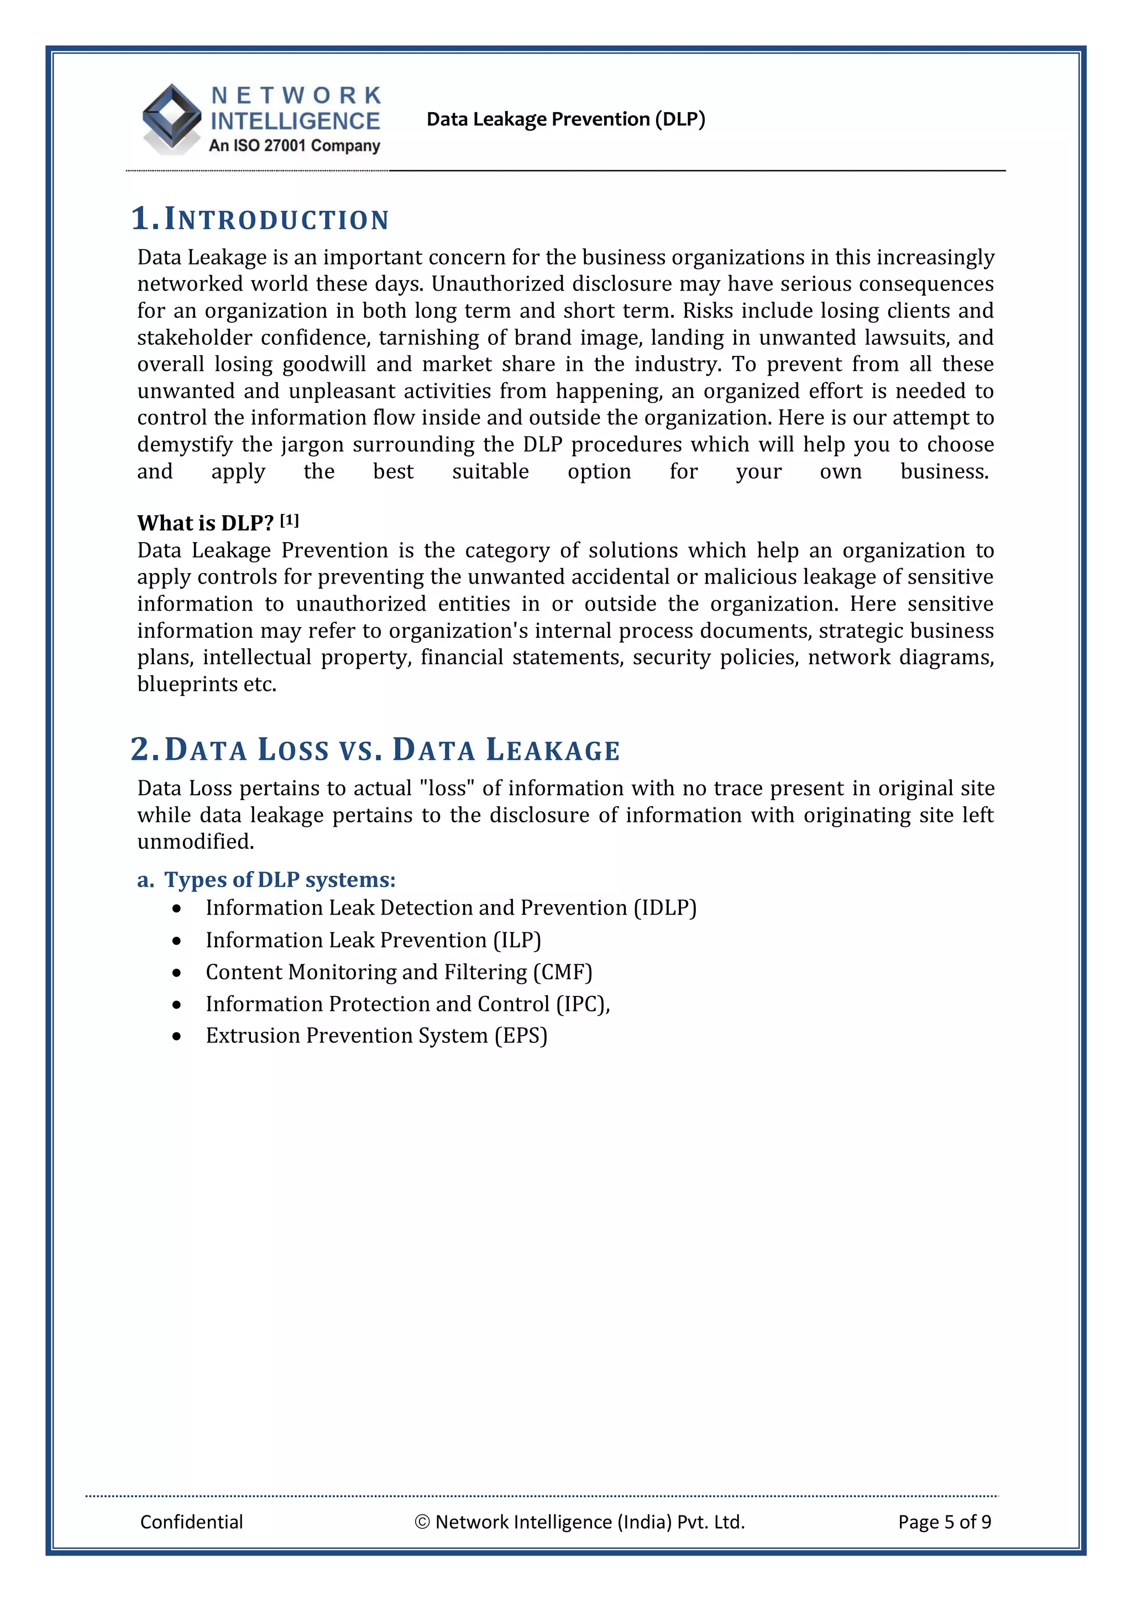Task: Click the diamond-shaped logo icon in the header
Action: click(x=171, y=117)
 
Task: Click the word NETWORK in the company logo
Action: click(x=296, y=96)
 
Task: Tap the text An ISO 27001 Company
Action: click(x=295, y=146)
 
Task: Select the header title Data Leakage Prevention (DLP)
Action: click(x=565, y=119)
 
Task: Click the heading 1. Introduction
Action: click(x=260, y=219)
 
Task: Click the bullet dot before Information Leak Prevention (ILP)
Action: click(x=177, y=941)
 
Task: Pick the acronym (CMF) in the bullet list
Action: click(x=562, y=972)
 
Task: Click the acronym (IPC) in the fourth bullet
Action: click(x=580, y=1004)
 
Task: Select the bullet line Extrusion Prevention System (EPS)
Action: click(x=376, y=1036)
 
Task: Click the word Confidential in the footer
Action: click(x=191, y=1521)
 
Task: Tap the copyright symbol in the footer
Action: click(x=421, y=1521)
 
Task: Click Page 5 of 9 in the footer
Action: click(x=945, y=1521)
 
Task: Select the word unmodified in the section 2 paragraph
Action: click(x=195, y=842)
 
